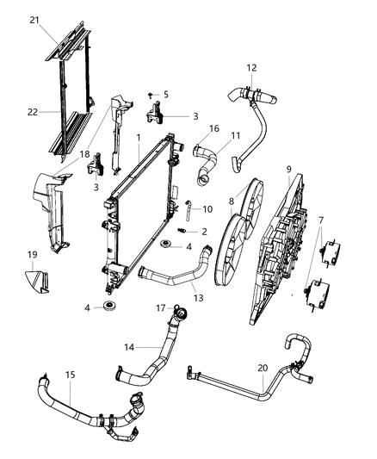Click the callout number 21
[x=34, y=20]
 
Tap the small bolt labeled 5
[x=150, y=93]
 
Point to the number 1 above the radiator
[x=138, y=137]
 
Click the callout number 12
[x=251, y=67]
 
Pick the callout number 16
[x=214, y=128]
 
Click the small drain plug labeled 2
[x=182, y=231]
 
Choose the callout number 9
[x=288, y=170]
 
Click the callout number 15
[x=70, y=375]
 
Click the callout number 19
[x=33, y=254]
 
